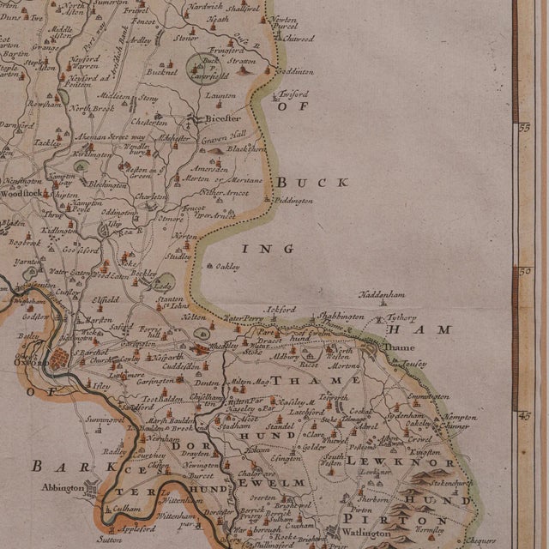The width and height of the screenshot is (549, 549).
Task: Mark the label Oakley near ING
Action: pos(227,267)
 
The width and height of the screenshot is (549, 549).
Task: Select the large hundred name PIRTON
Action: pos(395,520)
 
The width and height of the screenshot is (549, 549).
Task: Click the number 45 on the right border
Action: pos(525,416)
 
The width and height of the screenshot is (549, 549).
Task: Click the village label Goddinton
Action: pos(297,72)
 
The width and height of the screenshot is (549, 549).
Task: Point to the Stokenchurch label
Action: pos(451,484)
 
